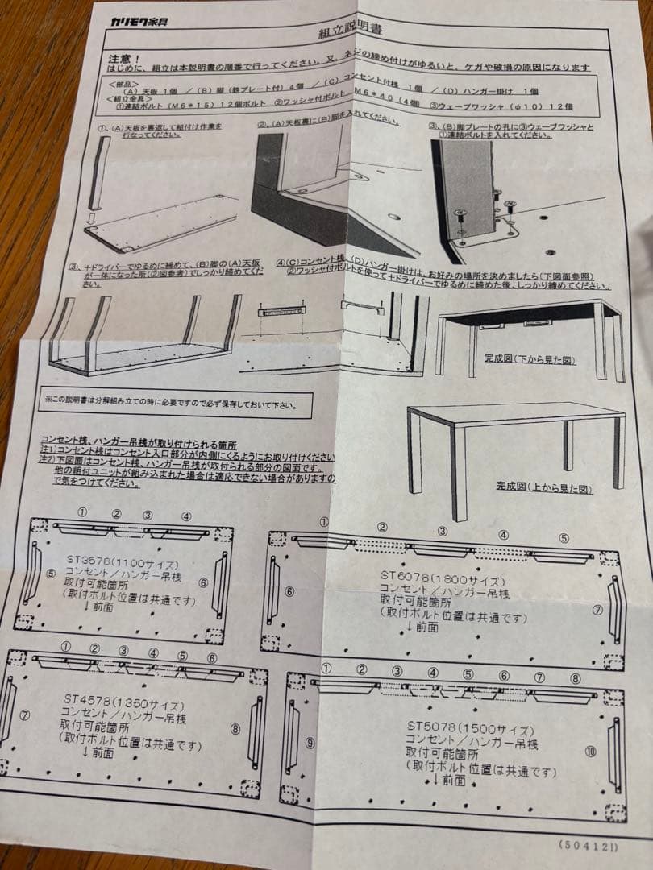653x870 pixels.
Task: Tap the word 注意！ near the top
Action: coord(126,59)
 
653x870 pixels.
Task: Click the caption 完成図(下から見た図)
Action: coord(530,358)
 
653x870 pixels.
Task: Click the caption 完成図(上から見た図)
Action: coord(543,488)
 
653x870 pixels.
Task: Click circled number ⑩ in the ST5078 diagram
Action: coord(591,752)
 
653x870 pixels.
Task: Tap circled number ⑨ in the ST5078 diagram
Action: coord(310,743)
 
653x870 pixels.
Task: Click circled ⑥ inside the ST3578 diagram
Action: coord(203,582)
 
